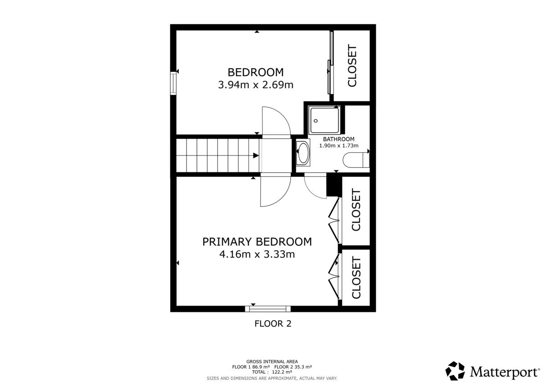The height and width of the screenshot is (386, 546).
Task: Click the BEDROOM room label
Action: tap(256, 72)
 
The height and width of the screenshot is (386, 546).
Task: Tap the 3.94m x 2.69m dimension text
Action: tap(256, 85)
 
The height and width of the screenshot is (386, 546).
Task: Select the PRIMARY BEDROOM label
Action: tap(257, 242)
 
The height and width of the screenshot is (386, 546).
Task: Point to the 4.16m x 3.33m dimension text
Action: tap(257, 255)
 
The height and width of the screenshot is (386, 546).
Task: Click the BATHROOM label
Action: tap(339, 139)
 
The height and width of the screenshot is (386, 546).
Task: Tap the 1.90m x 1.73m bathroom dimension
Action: tap(339, 145)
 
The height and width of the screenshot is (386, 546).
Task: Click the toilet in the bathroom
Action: tap(356, 160)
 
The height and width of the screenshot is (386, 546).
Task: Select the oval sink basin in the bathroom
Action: tap(303, 153)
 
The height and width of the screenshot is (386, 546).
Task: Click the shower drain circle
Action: tap(316, 121)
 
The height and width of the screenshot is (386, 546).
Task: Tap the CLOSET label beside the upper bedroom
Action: tap(352, 65)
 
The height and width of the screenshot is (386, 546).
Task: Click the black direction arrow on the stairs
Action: tap(256, 155)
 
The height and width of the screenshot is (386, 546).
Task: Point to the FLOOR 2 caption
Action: tap(273, 324)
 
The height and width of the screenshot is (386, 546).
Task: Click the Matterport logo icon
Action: tap(455, 371)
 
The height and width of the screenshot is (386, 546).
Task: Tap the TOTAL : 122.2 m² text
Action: tap(272, 372)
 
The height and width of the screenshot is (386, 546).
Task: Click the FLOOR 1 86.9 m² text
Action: tap(251, 367)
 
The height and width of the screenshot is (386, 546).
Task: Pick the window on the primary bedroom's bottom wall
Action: tap(268, 309)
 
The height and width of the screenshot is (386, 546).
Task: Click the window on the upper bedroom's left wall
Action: tap(173, 83)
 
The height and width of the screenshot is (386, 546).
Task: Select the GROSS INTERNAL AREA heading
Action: tap(272, 361)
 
